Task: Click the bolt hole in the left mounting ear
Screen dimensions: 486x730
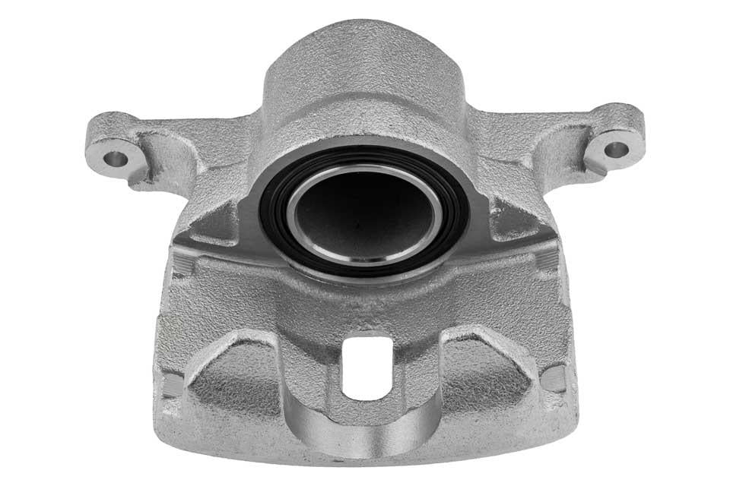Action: [x=114, y=159]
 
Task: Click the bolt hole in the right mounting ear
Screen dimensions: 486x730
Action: [x=615, y=149]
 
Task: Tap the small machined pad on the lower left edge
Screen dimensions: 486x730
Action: [x=173, y=383]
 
